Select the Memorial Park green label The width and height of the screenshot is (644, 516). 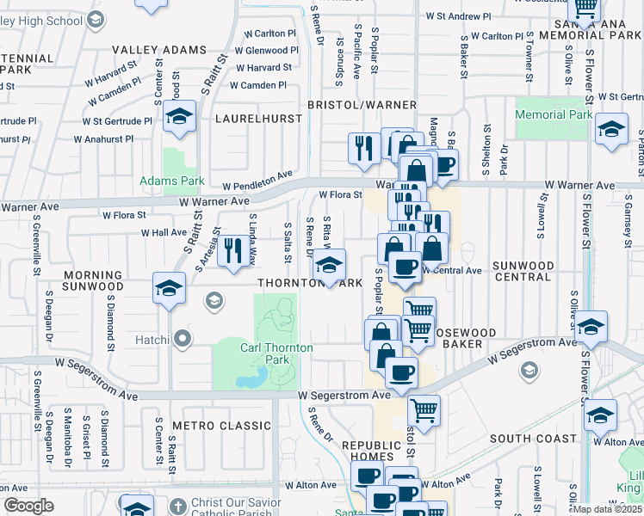tap(554, 114)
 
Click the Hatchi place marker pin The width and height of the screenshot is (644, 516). tap(182, 339)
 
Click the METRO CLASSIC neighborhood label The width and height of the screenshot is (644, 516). tap(221, 425)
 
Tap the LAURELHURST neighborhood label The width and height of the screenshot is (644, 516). tap(258, 118)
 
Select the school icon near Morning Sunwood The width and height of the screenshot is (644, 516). tap(169, 287)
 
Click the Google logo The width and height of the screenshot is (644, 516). tap(28, 505)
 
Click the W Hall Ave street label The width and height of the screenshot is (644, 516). tap(164, 232)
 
